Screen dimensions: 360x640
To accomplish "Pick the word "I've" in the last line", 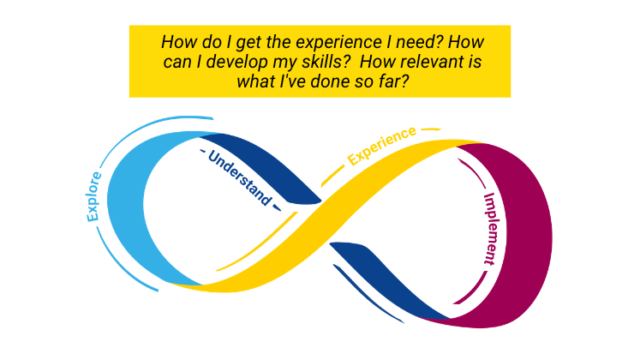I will [x=290, y=82].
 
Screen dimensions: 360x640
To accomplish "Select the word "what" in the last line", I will [x=254, y=82].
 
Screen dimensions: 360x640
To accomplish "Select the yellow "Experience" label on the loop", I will [x=382, y=145].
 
